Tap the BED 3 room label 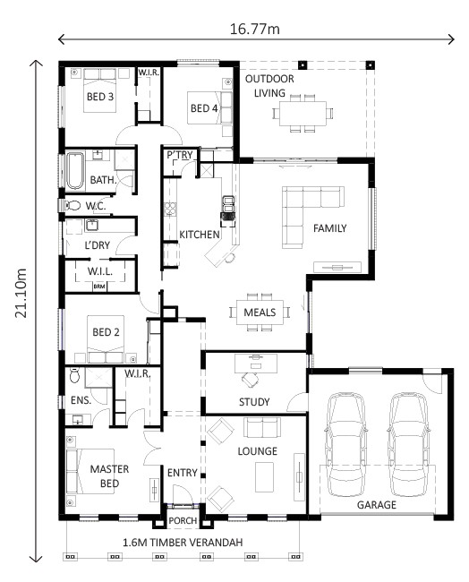tap(98, 97)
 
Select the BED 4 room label tap(203, 108)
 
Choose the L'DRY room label tap(97, 245)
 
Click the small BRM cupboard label tap(99, 286)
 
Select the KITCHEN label tap(199, 235)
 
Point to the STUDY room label tap(255, 400)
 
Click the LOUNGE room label tap(258, 450)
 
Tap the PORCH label tap(183, 520)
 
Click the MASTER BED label tap(105, 475)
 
